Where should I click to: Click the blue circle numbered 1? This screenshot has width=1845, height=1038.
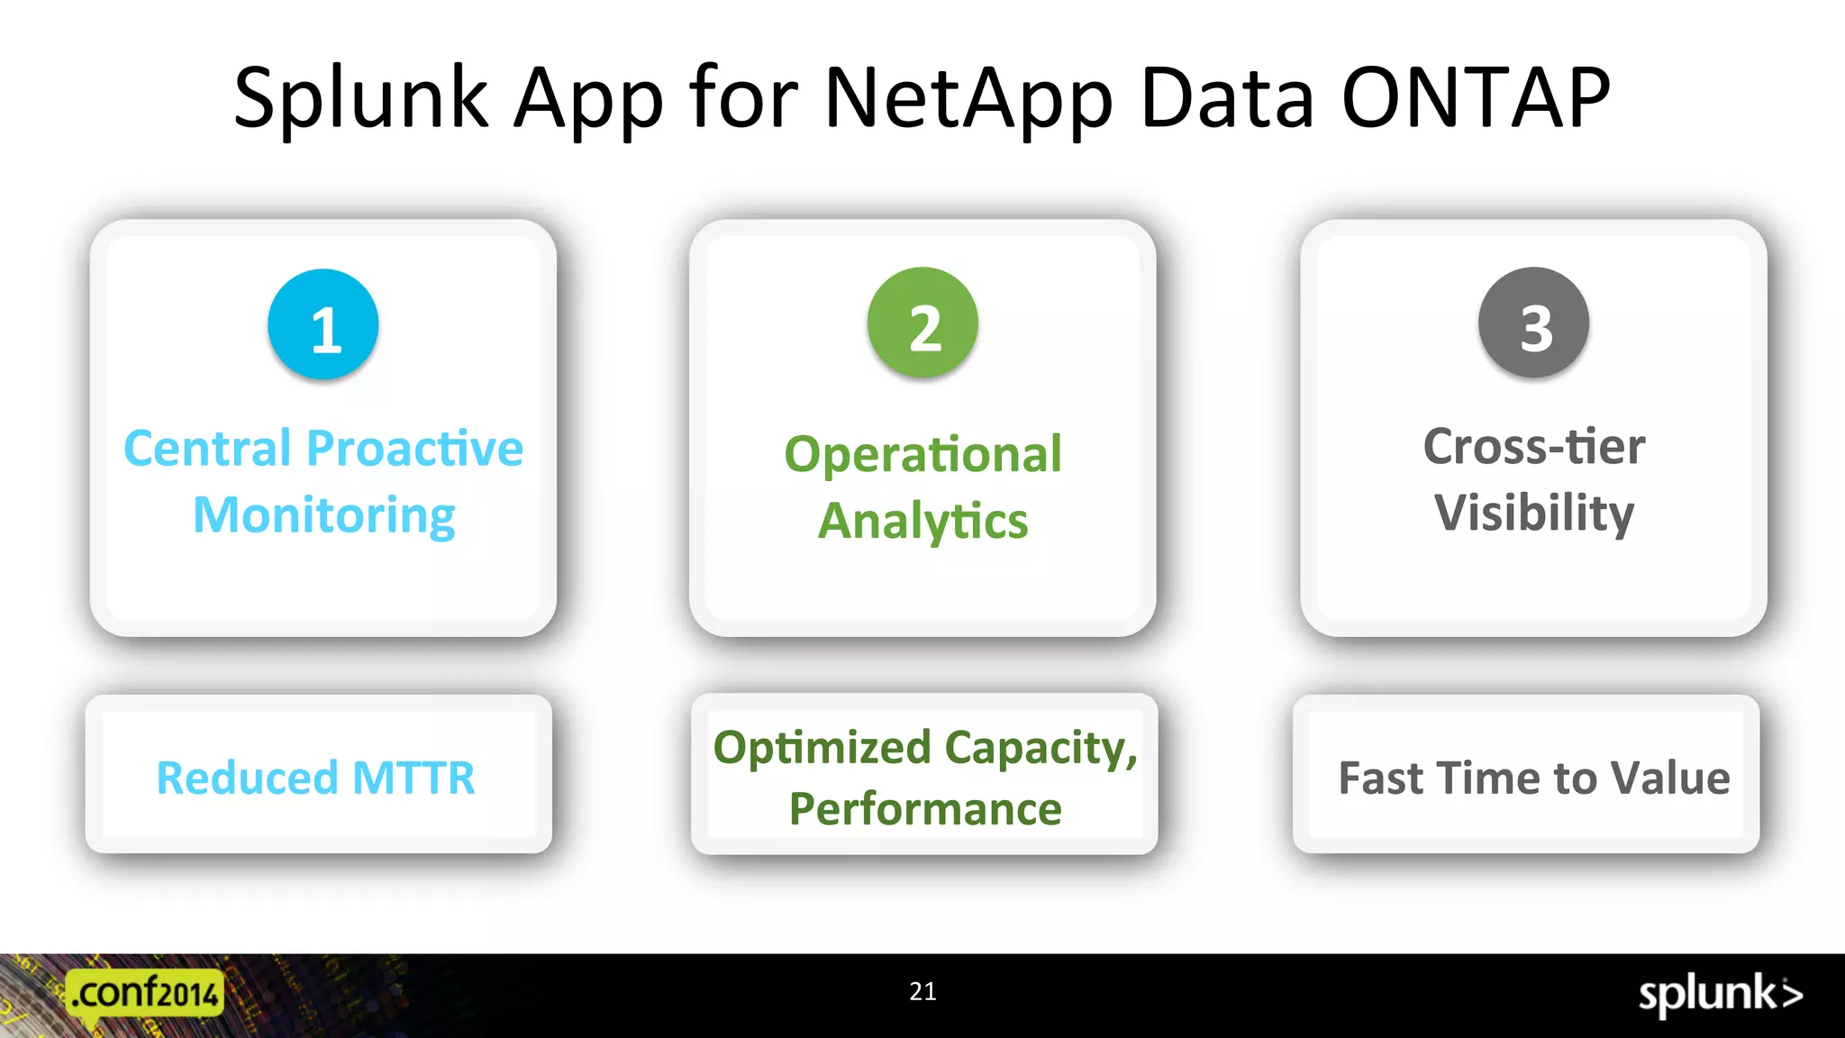point(323,324)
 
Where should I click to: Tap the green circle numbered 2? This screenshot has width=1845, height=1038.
point(922,323)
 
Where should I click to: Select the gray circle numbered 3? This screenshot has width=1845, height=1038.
point(1533,323)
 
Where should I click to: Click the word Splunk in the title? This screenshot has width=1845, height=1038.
point(360,99)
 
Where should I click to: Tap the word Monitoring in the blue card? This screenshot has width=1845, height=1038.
point(324,515)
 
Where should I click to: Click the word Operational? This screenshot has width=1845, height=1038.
point(922,454)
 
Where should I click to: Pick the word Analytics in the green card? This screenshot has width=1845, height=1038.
point(922,521)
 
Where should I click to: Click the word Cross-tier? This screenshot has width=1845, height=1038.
point(1533,446)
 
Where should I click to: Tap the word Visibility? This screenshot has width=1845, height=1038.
point(1533,513)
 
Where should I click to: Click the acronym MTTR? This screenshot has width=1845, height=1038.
point(414,778)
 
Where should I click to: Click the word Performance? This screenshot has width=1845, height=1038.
point(925,808)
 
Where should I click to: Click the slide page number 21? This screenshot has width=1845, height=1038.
point(922,991)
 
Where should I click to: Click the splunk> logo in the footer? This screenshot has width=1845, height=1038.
point(1720,995)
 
